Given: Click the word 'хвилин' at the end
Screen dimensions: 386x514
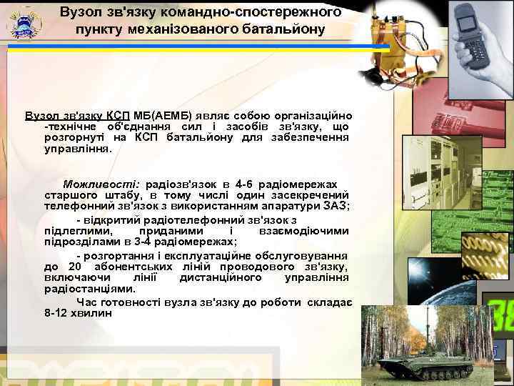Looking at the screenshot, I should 94,312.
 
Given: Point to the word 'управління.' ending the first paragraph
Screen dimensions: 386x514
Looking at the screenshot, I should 78,150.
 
